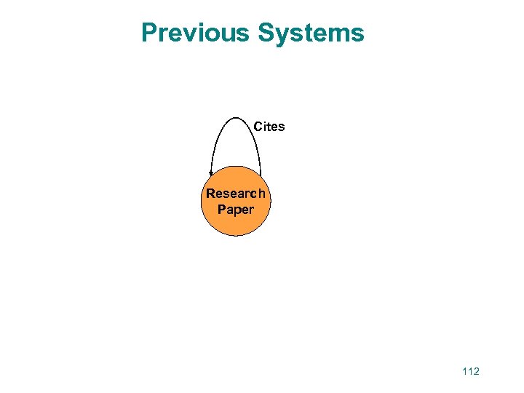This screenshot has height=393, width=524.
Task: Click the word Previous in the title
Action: pyautogui.click(x=195, y=33)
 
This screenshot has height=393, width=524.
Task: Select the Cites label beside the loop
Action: pyautogui.click(x=269, y=127)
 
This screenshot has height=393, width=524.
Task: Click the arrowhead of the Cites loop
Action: pyautogui.click(x=211, y=174)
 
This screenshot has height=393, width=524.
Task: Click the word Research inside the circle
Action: pyautogui.click(x=235, y=194)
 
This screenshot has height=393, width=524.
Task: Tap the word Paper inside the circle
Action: pyautogui.click(x=235, y=210)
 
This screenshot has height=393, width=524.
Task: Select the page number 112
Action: pyautogui.click(x=470, y=371)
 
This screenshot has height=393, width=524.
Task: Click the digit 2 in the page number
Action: pyautogui.click(x=476, y=371)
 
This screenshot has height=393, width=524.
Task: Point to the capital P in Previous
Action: pyautogui.click(x=149, y=33)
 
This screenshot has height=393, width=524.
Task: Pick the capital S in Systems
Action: pyautogui.click(x=266, y=33)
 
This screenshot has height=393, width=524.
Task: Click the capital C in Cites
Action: pyautogui.click(x=258, y=127)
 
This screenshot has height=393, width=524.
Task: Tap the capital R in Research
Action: pyautogui.click(x=210, y=194)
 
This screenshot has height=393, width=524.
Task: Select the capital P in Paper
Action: pyautogui.click(x=221, y=210)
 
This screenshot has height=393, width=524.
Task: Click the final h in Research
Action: pyautogui.click(x=261, y=194)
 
